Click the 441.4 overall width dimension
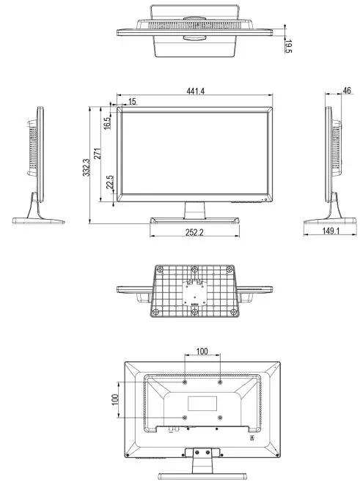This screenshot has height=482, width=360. click(x=194, y=91)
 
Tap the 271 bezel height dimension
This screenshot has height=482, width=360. click(x=98, y=155)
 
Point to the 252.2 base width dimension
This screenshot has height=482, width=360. click(x=194, y=232)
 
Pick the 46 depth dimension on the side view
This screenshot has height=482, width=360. click(x=346, y=91)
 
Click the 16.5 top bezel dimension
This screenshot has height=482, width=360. click(x=107, y=122)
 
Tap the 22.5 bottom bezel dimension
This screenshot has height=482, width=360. click(x=109, y=182)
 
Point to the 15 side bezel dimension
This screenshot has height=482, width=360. click(x=131, y=101)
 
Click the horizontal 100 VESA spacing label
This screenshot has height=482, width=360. click(x=202, y=352)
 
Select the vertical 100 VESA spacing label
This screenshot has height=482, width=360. click(x=115, y=401)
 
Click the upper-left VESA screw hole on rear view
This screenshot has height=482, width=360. click(x=184, y=382)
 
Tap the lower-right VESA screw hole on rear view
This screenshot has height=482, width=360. click(x=220, y=418)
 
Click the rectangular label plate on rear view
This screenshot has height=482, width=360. click(x=202, y=403)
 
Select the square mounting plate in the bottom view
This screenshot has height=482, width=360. click(x=194, y=294)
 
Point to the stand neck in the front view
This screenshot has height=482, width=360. click(x=194, y=210)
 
